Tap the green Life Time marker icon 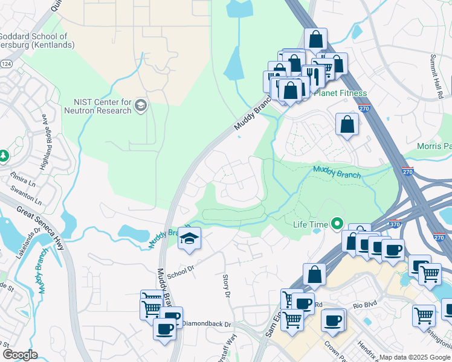337,224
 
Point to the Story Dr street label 227,285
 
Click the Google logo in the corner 20,355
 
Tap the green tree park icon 4,156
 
